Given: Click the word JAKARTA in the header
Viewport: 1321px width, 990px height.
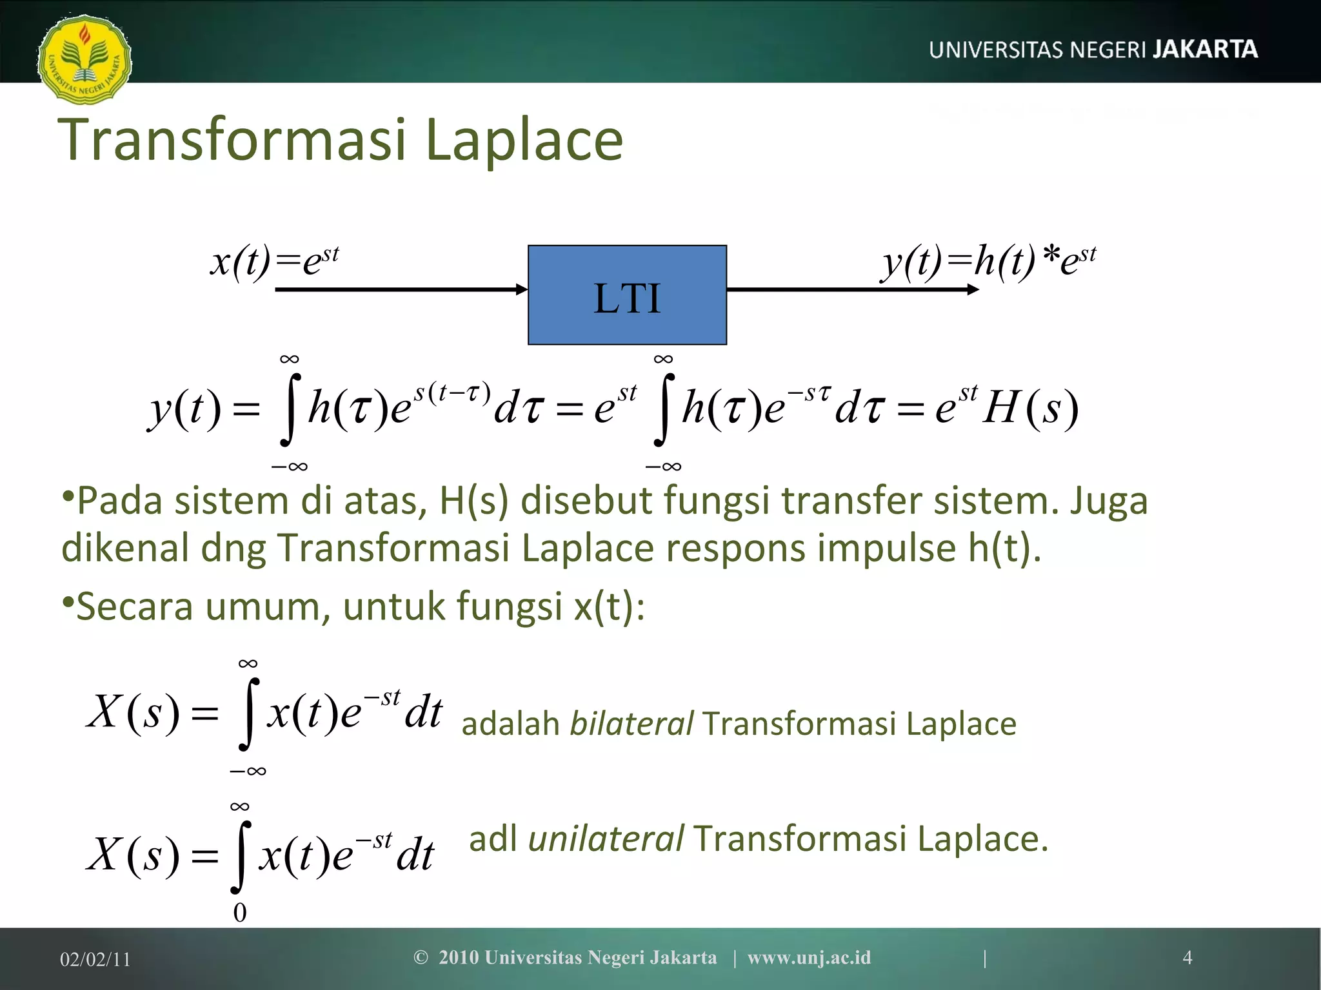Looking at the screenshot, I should [1205, 50].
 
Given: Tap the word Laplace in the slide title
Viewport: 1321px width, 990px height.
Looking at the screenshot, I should [524, 140].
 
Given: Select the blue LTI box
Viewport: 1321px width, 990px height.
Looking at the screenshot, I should [627, 295].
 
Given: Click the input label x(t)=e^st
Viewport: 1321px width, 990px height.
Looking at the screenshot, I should [274, 262].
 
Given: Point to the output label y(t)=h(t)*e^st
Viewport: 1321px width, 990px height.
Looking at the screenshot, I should [989, 262].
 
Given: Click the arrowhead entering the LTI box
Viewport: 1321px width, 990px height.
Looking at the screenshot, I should [522, 289].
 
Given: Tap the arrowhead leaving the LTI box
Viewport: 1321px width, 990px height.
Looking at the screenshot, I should [973, 289].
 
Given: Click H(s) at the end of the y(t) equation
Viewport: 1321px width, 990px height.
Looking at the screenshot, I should [1030, 408].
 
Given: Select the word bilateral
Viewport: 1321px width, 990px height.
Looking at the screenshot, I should [631, 723].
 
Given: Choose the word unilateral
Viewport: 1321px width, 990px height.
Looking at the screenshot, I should [605, 839].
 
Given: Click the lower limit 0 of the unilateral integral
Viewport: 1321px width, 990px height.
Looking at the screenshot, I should [240, 913].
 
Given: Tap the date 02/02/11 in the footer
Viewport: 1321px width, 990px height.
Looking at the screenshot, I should [95, 959].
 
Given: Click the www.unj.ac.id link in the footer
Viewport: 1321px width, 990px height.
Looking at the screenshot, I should [809, 957].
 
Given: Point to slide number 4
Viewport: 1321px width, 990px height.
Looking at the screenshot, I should [1187, 957].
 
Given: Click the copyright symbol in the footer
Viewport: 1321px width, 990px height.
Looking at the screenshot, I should [421, 957].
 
